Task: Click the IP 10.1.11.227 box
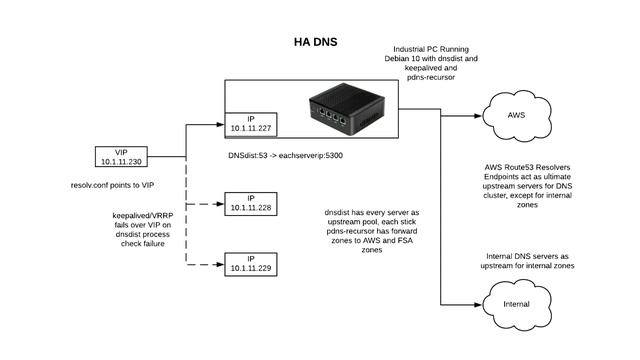pos(251,126)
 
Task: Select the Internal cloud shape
pos(517,303)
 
